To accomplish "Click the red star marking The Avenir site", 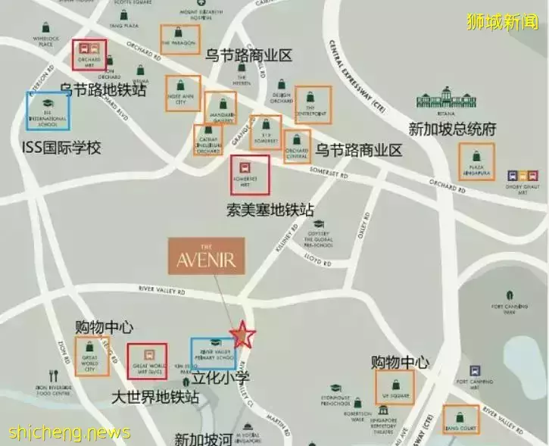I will click(242, 334).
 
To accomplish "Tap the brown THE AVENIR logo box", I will click(206, 256).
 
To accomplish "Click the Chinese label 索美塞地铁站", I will click(270, 210).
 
